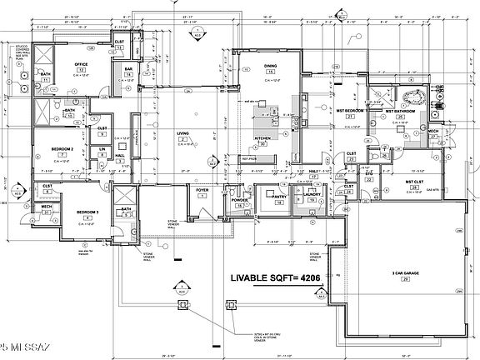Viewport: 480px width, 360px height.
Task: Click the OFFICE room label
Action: [x=82, y=64]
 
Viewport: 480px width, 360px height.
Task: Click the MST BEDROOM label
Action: [x=351, y=109]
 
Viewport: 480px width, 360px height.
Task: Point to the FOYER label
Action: [x=202, y=189]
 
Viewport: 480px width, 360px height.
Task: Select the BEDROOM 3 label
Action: [x=88, y=212]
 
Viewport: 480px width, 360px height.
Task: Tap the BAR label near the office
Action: [x=129, y=69]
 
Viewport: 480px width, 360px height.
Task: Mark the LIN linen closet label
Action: [x=102, y=149]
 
